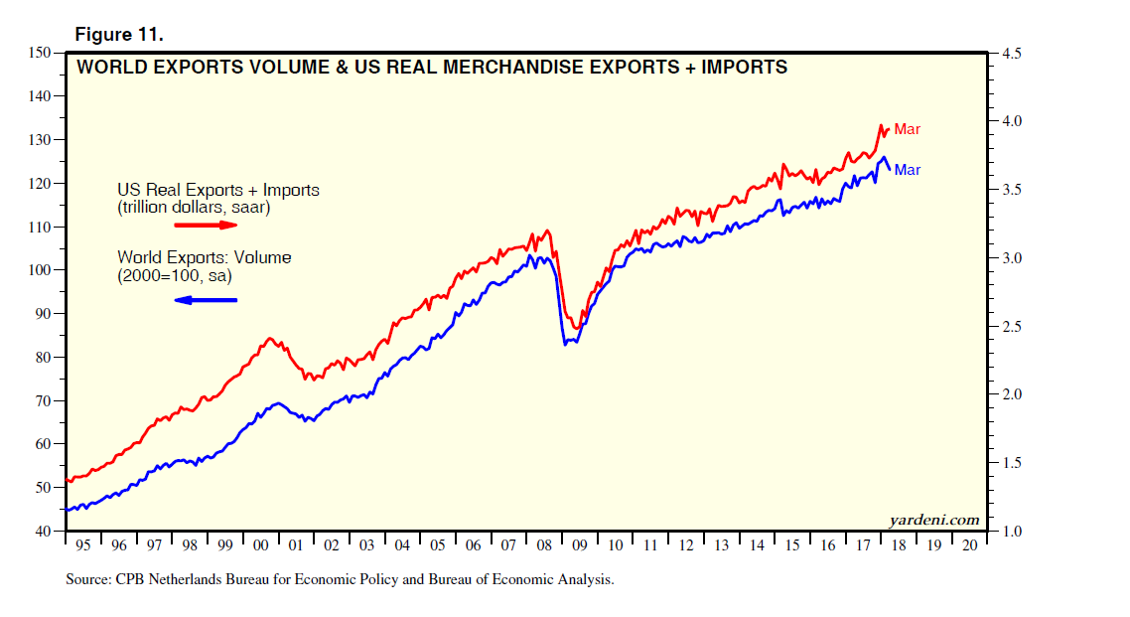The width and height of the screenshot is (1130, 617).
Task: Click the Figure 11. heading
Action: point(119,34)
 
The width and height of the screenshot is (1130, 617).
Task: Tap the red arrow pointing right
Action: point(208,226)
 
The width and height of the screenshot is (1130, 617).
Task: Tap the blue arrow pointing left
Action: point(206,299)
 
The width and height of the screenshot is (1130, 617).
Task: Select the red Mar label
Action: point(908,129)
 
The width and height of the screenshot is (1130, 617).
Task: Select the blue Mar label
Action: point(908,170)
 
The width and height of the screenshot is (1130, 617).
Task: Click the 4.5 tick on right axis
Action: point(1011,53)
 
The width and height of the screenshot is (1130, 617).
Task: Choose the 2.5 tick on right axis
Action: point(1011,327)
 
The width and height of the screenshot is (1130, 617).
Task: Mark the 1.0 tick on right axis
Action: point(1011,532)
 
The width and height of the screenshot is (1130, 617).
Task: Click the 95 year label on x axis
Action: point(83,545)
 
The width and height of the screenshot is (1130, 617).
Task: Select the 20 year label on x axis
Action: point(967,545)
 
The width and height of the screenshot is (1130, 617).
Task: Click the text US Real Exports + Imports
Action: point(218,190)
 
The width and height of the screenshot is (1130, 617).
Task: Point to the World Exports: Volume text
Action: point(204,257)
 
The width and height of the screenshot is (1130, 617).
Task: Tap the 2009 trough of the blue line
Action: point(565,344)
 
